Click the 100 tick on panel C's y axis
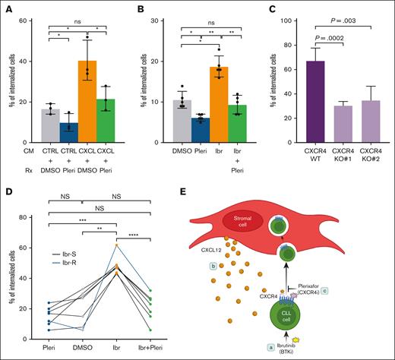pyautogui.click(x=269, y=14)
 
